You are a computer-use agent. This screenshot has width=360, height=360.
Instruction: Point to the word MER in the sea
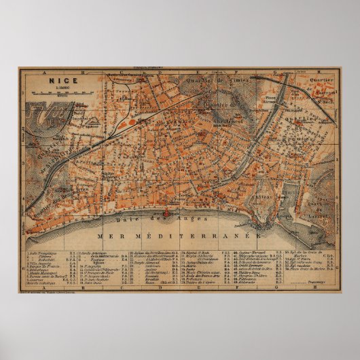[x=111, y=236]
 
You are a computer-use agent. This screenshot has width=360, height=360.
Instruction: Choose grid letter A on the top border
[x=41, y=70]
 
